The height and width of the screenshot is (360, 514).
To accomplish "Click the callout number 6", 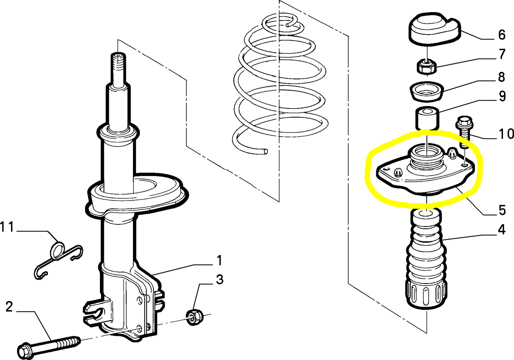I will pos(502,35).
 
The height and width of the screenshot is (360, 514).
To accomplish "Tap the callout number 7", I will pos(502,54).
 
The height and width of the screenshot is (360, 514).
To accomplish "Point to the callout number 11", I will pos(7,227).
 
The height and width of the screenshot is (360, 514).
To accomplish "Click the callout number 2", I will pos(9,307).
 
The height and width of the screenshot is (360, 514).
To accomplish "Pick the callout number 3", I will pos(219,279).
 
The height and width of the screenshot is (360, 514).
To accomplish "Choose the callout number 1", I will pos(219,260).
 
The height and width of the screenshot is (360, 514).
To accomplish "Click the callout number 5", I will pos(502,210).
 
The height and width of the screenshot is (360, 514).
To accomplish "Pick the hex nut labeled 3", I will pos(194,317).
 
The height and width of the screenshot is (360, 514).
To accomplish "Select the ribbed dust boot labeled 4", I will pos(426,260).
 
